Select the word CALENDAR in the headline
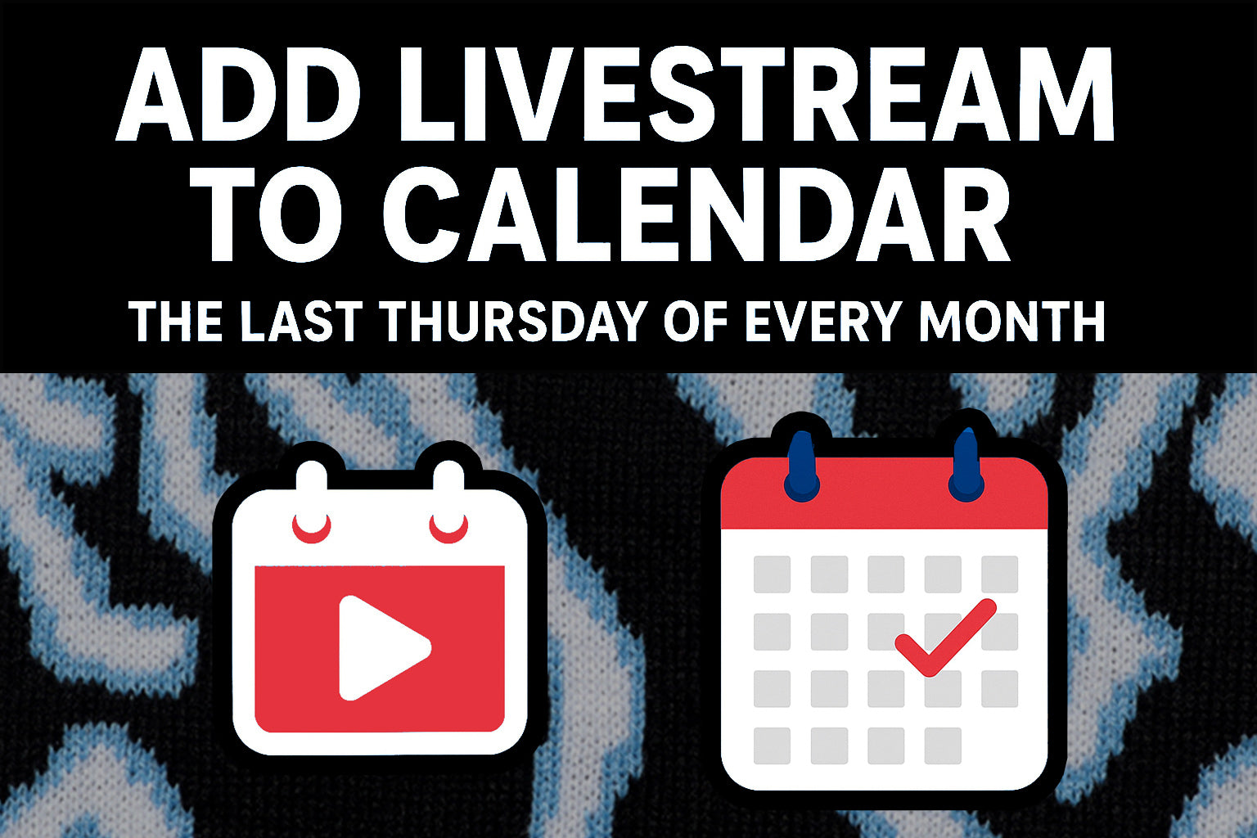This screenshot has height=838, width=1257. point(696,214)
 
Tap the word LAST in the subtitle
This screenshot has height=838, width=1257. point(301,322)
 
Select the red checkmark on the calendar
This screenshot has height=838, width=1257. point(945,638)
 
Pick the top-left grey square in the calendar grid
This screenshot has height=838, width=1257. point(773,574)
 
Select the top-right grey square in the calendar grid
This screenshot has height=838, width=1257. point(999,574)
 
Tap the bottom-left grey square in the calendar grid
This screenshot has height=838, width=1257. point(773,746)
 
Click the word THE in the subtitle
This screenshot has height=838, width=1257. point(175,322)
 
